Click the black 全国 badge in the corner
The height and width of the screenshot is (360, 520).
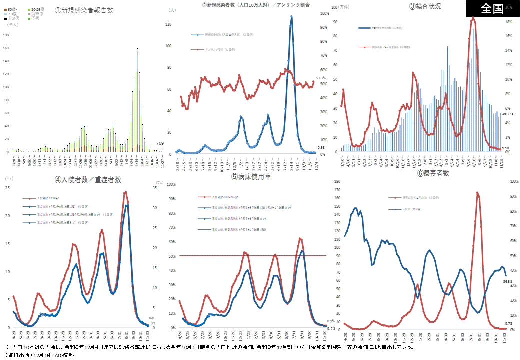click(x=492, y=9)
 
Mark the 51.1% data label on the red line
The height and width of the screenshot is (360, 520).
click(x=321, y=78)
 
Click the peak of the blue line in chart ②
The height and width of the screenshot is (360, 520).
click(x=291, y=16)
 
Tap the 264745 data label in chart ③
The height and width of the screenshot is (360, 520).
click(x=508, y=114)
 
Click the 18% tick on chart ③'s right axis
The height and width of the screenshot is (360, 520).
click(x=508, y=22)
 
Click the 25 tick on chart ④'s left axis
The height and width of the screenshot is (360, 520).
click(x=7, y=188)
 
